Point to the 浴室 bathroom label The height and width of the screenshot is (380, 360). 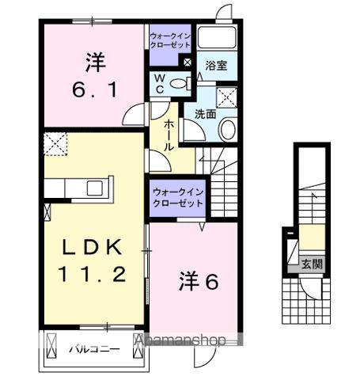(x=217, y=66)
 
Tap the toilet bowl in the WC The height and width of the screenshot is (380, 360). (x=180, y=84)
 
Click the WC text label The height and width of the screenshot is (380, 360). (x=158, y=84)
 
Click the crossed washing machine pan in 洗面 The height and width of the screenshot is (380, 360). (x=228, y=97)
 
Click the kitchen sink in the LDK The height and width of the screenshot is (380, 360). (x=94, y=188)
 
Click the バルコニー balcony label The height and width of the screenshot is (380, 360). (x=93, y=348)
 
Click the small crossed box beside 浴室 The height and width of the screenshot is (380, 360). (x=187, y=63)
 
